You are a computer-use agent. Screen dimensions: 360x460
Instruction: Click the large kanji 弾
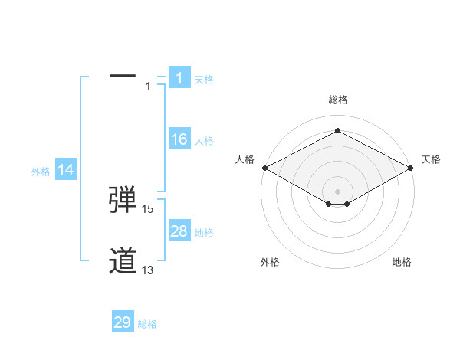(123, 198)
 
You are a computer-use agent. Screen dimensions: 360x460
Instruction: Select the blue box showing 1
(179, 77)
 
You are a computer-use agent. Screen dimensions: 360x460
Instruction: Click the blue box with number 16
(179, 139)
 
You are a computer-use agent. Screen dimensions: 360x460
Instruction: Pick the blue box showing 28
(179, 231)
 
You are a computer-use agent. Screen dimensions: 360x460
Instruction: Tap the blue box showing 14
(66, 171)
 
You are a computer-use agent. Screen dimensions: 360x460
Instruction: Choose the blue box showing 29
(123, 322)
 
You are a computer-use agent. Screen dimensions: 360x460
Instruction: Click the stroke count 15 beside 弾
(148, 208)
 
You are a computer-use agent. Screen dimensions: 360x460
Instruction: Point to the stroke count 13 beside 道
(148, 270)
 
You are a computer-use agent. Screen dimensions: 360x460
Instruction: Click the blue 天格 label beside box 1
(204, 79)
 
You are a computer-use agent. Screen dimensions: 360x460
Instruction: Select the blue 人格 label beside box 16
(204, 141)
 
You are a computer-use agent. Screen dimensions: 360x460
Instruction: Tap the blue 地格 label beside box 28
(204, 233)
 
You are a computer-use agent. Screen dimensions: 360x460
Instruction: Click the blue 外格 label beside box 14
(41, 172)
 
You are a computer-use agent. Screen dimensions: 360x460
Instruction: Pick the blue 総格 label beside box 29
(147, 324)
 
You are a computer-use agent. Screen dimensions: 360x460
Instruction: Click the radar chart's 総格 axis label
(337, 100)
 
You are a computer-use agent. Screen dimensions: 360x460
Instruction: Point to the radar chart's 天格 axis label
(431, 159)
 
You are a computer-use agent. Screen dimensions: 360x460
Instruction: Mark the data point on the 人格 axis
(264, 167)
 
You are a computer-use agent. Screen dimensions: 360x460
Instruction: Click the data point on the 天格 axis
(411, 167)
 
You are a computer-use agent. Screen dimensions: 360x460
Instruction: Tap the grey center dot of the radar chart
(337, 191)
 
